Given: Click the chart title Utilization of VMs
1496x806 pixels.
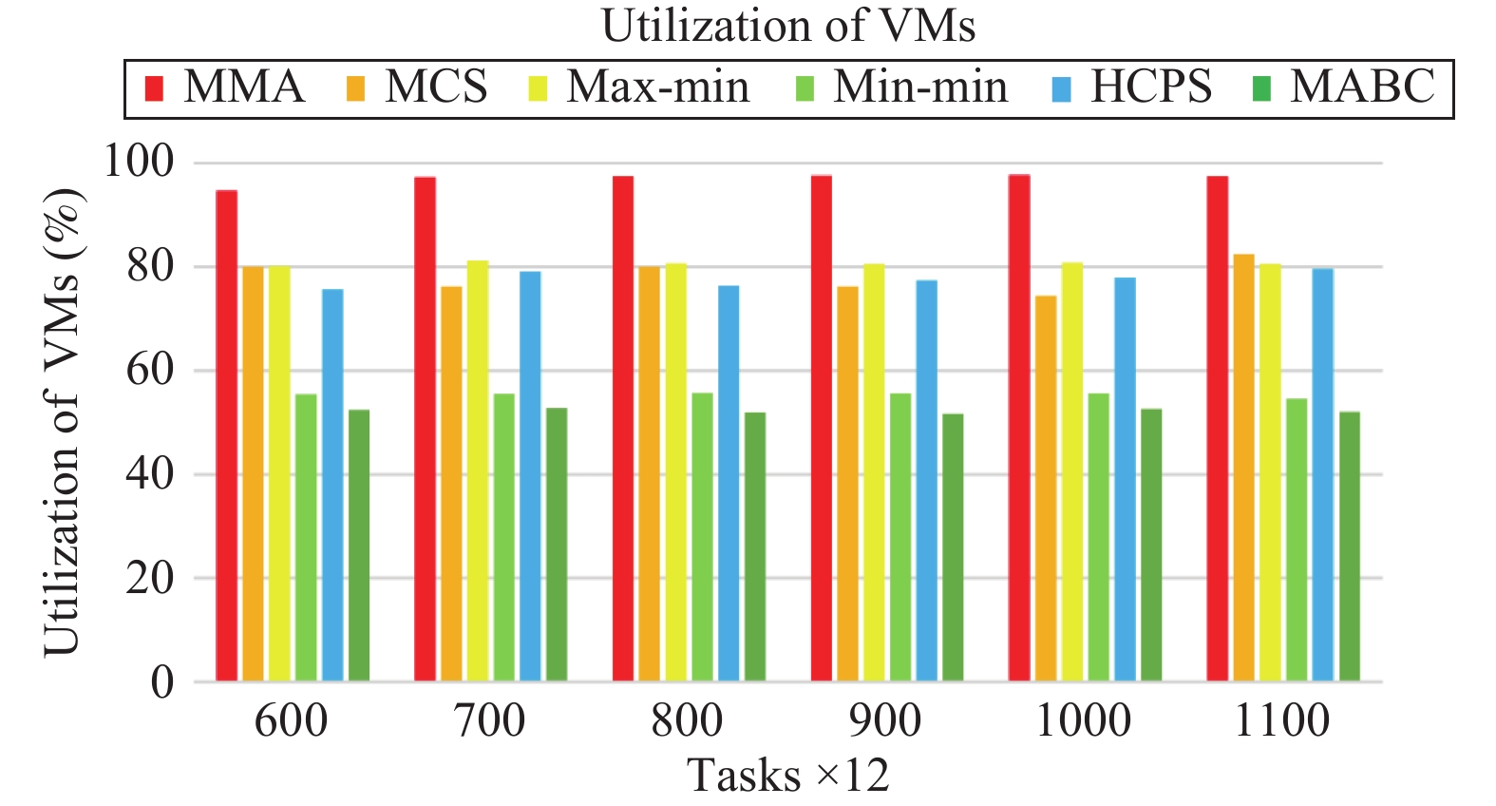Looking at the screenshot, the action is pyautogui.click(x=788, y=26).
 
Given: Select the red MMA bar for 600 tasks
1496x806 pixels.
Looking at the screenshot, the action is pyautogui.click(x=226, y=435).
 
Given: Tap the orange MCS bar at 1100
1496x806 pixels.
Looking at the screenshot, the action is pyautogui.click(x=1243, y=468).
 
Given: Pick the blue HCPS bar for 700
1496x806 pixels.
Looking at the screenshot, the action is pyautogui.click(x=530, y=476).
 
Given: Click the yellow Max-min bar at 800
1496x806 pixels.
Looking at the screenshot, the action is pyautogui.click(x=676, y=471).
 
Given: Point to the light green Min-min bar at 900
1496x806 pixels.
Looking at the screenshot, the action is pyautogui.click(x=900, y=537).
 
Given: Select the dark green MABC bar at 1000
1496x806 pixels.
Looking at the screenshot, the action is pyautogui.click(x=1151, y=545).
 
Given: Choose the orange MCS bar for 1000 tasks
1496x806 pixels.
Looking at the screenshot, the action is pyautogui.click(x=1046, y=489).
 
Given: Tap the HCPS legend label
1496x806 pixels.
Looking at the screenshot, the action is pyautogui.click(x=1150, y=86).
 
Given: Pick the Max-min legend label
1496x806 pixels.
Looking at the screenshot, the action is pyautogui.click(x=658, y=86).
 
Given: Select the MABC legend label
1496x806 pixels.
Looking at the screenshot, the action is pyautogui.click(x=1362, y=86).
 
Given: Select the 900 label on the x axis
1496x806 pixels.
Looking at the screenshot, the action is pyautogui.click(x=885, y=721).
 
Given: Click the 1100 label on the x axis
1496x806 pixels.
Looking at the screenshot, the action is pyautogui.click(x=1282, y=721).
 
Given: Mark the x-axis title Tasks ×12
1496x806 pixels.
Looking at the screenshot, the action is pyautogui.click(x=788, y=776).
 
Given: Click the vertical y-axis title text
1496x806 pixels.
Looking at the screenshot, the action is pyautogui.click(x=64, y=422).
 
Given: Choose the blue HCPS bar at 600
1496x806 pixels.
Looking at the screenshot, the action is pyautogui.click(x=332, y=485).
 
